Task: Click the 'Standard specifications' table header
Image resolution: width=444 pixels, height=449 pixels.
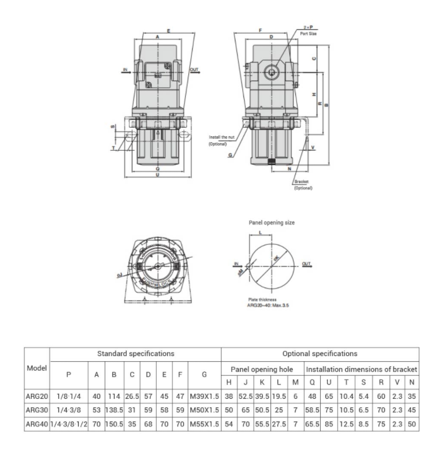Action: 135,354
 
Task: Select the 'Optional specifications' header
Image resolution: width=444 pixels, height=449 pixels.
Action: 319,354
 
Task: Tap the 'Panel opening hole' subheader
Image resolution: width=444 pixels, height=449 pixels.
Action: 263,369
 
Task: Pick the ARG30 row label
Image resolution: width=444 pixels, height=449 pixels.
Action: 37,411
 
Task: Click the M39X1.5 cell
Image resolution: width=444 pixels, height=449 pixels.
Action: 204,397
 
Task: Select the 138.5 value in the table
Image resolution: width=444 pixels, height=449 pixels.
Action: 114,411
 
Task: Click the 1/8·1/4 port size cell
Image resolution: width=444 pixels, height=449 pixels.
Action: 69,397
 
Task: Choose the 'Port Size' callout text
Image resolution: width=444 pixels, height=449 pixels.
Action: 309,34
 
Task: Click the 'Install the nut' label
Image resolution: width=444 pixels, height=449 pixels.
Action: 221,137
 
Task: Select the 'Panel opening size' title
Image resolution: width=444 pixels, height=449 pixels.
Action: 272,222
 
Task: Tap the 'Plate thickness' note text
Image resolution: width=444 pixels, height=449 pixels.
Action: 263,300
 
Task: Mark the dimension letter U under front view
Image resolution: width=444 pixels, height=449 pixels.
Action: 157,176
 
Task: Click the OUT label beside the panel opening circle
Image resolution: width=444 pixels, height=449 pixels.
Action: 306,263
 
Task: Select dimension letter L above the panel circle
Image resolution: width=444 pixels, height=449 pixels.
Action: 260,232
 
